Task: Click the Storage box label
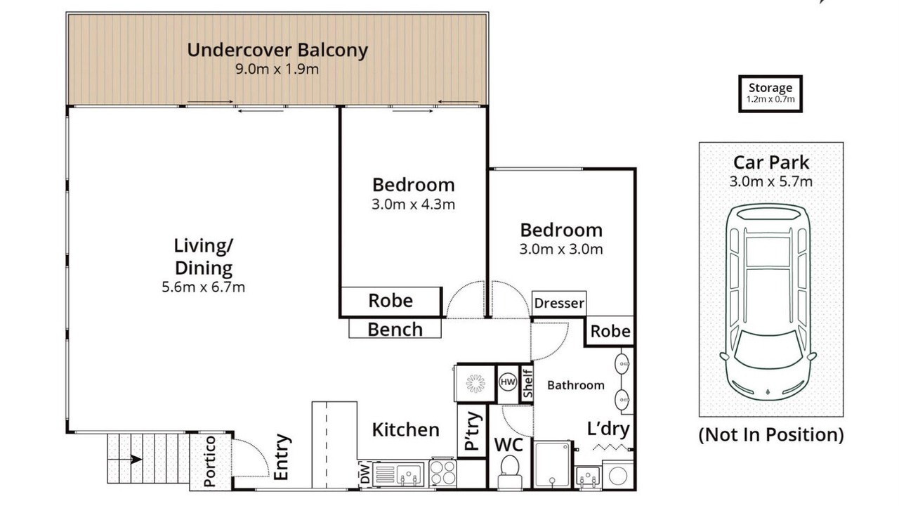coord(770,88)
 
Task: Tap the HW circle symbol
coord(508,382)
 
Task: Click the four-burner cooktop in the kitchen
coord(442,473)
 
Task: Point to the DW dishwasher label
coord(365,474)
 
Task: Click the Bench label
coord(395,330)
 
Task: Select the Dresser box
coord(559,303)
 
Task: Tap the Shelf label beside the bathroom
coord(527,383)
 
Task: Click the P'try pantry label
coord(473,431)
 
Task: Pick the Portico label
coord(209,462)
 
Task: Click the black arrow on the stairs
coord(136,459)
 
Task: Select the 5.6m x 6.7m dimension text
coord(203,287)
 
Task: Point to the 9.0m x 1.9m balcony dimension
coord(277,69)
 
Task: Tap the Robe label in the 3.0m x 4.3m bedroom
coord(391,301)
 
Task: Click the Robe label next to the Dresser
coord(610,331)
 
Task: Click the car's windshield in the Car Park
coord(768,349)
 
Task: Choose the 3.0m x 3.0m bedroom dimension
coord(561,249)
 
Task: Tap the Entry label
coord(282,457)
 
